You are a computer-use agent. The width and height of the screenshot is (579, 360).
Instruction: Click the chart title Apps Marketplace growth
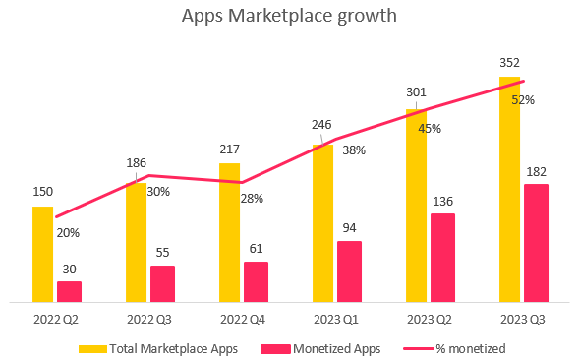[x=289, y=18]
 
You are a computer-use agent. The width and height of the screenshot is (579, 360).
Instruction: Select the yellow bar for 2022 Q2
[x=43, y=254]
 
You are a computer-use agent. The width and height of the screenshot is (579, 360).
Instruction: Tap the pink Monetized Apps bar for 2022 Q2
[x=69, y=291]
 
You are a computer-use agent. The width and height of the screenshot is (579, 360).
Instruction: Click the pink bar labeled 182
[x=536, y=242]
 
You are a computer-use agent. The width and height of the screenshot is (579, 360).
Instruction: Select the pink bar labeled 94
[x=349, y=270]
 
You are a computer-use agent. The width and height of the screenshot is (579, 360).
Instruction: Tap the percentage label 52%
[x=523, y=99]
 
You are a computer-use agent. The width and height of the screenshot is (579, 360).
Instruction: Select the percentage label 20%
[x=68, y=233]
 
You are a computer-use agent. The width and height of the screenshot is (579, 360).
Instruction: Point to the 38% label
[x=354, y=150]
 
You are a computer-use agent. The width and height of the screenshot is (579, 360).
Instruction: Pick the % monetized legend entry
[x=457, y=347]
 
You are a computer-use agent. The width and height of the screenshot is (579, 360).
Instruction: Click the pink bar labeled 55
[x=162, y=283]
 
